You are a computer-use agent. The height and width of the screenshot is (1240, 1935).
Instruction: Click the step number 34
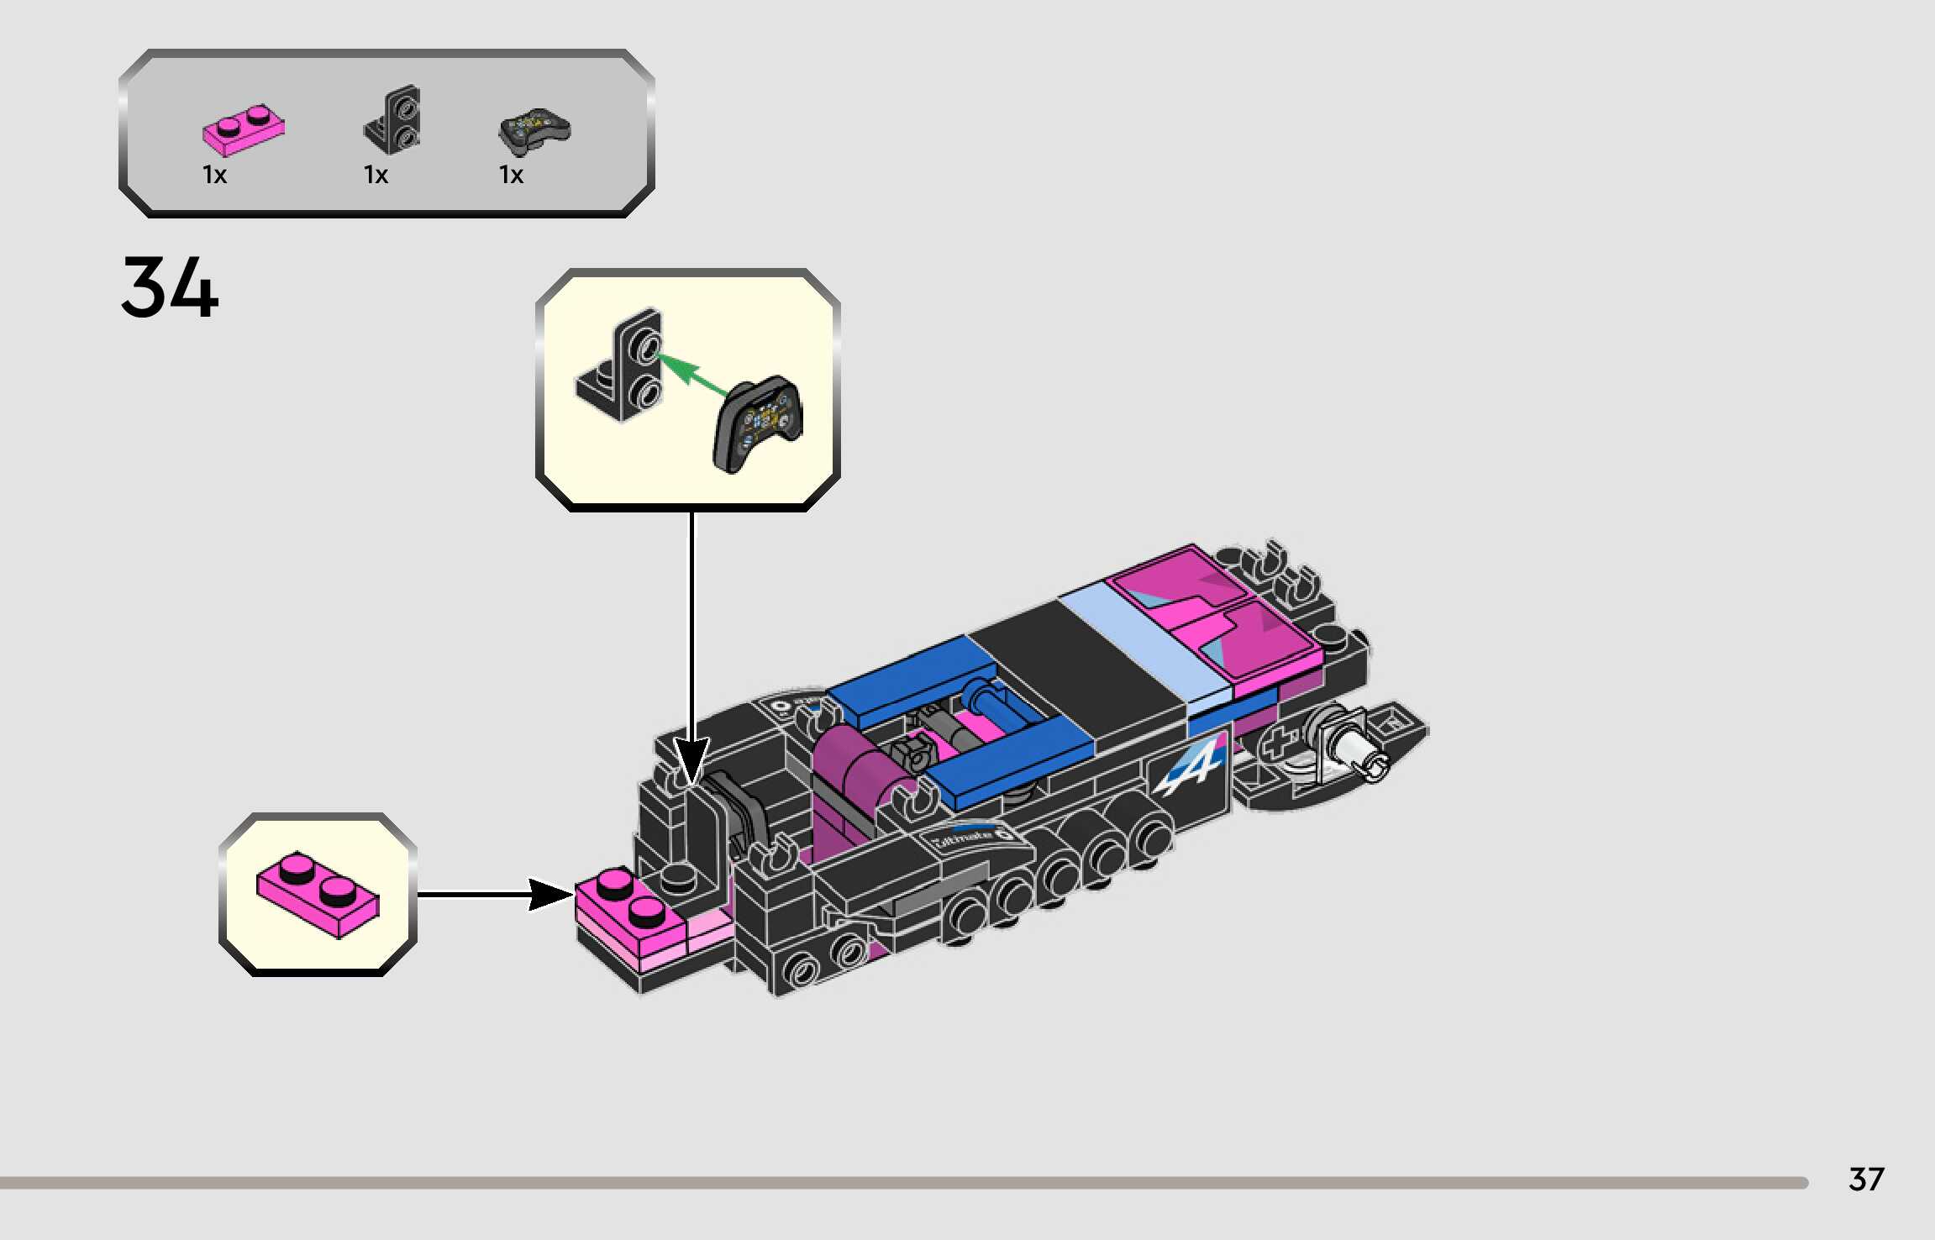[170, 287]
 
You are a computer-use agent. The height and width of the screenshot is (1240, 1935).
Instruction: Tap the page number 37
[1865, 1180]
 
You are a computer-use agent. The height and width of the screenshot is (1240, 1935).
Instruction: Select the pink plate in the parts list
[244, 130]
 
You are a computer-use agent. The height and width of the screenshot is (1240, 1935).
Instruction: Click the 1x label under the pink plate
[215, 175]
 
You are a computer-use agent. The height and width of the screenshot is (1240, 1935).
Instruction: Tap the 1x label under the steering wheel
[511, 175]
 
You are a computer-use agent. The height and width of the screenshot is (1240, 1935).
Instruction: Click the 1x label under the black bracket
[376, 175]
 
